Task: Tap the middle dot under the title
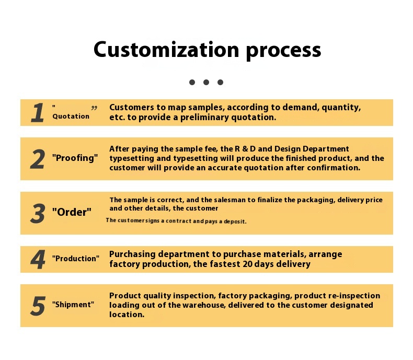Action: pos(206,82)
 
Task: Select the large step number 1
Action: pos(37,113)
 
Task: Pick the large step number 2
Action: pos(37,159)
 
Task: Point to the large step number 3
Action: pos(37,213)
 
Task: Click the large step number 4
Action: pos(38,260)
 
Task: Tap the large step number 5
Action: pos(38,306)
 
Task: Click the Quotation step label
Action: pos(71,117)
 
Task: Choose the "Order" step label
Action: pos(72,213)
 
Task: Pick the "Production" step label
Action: pos(75,259)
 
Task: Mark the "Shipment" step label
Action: pos(73,305)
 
